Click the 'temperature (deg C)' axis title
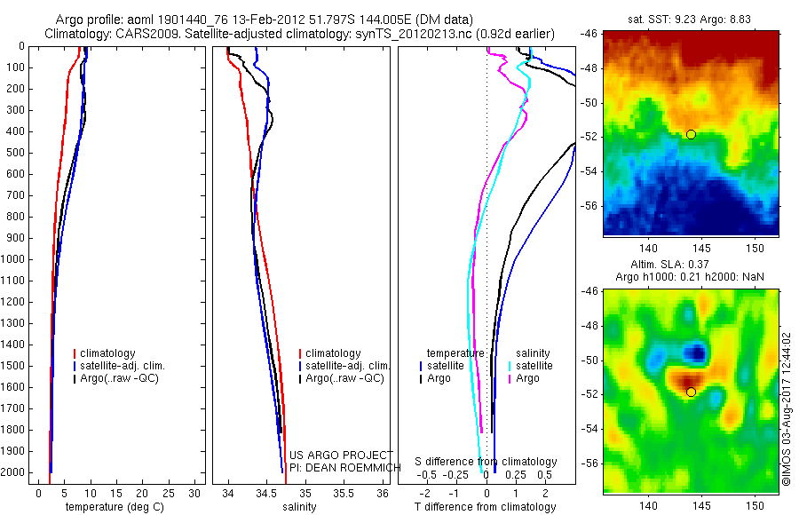point(111,507)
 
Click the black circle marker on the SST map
point(691,134)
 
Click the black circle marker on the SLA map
point(691,392)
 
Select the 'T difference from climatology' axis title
point(485,507)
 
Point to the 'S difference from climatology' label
point(486,462)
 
